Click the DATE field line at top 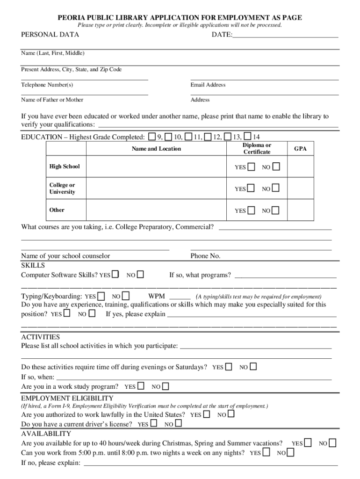(x=285, y=35)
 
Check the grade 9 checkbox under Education (x=152, y=137)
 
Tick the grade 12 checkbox (x=208, y=137)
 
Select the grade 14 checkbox (x=247, y=137)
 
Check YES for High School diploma (x=252, y=167)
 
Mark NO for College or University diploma (x=276, y=188)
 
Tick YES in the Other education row (x=252, y=210)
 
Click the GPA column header (x=300, y=149)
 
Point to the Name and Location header (x=156, y=149)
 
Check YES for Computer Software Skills (x=115, y=274)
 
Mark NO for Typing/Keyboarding (x=125, y=296)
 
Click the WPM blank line (x=180, y=297)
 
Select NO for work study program (x=166, y=386)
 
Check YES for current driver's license (x=153, y=424)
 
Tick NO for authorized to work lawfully (x=231, y=414)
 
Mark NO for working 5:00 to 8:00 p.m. (x=290, y=452)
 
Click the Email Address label (x=208, y=85)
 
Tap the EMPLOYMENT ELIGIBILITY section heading (x=67, y=398)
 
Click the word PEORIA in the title (x=72, y=18)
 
